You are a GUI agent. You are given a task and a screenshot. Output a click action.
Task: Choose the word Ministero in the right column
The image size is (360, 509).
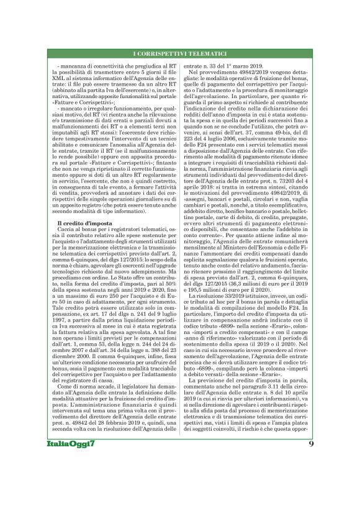(x=239, y=229)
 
